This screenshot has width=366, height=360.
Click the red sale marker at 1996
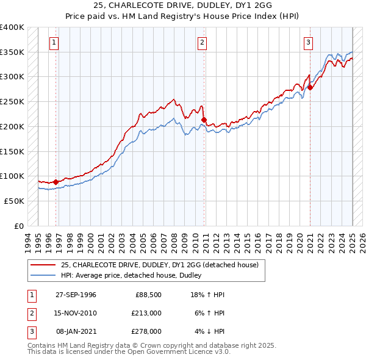56,182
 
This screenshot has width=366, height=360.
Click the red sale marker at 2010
204,120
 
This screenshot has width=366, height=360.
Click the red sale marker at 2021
310,87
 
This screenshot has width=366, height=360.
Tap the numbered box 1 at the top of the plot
55,43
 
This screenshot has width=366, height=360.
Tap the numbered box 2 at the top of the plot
202,43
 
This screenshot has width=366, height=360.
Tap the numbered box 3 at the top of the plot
309,43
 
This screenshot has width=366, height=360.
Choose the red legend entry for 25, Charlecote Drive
160,265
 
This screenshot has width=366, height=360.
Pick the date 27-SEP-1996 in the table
76,295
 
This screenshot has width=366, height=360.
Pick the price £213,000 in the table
146,313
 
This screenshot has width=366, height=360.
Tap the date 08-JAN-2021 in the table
76,331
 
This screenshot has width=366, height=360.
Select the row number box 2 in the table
30,313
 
